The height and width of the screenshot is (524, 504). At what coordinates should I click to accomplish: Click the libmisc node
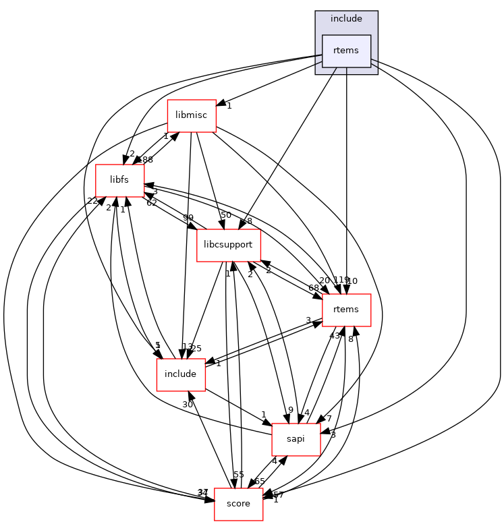click(x=192, y=115)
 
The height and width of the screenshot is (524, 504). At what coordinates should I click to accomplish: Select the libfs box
click(x=119, y=181)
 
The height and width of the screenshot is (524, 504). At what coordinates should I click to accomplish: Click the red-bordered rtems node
click(x=347, y=310)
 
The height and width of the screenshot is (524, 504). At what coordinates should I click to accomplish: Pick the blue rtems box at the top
click(x=346, y=51)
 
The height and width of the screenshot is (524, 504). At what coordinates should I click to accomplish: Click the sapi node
click(x=296, y=439)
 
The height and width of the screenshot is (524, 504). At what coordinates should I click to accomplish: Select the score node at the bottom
click(x=238, y=504)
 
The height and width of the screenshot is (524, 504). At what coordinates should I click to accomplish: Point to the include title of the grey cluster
click(x=346, y=19)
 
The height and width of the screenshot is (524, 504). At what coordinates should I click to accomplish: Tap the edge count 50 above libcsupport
click(x=225, y=215)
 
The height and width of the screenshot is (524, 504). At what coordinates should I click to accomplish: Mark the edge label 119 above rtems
click(x=341, y=280)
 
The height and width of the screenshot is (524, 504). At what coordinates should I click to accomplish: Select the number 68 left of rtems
click(x=314, y=289)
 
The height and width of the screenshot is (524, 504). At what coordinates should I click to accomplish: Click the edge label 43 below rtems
click(x=335, y=336)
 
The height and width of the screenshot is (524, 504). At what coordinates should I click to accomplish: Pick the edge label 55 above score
click(x=238, y=475)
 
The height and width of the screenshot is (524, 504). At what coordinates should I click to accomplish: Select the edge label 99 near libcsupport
click(x=188, y=217)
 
